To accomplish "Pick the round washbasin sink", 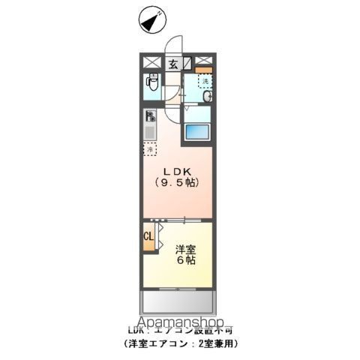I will coord(207,96).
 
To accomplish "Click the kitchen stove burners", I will coord(151,116).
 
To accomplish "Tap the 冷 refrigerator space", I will coord(150,149).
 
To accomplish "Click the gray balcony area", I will coord(178,303).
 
